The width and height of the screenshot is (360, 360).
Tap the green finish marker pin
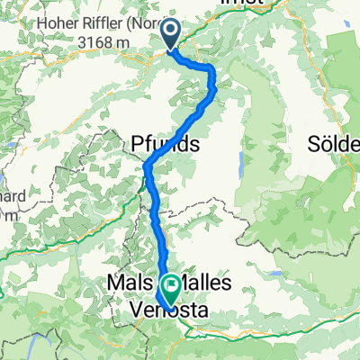(167, 287)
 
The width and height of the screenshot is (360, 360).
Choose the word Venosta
(169, 310)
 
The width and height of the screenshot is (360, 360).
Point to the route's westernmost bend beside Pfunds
(146, 165)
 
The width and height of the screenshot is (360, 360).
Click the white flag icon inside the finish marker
(167, 283)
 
